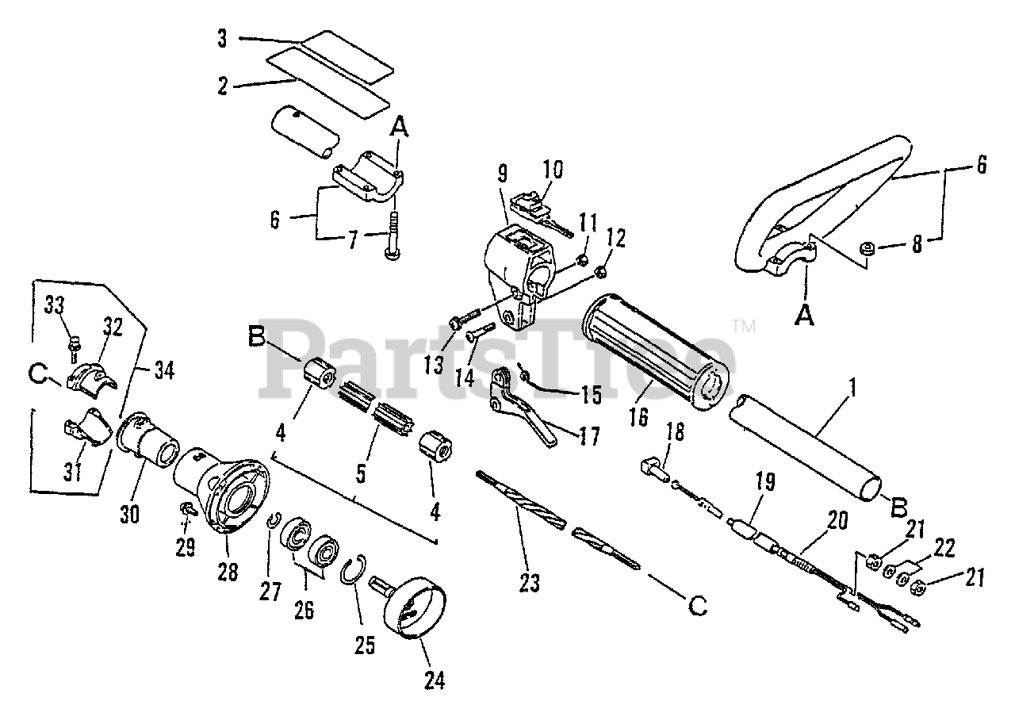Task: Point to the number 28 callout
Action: pyautogui.click(x=228, y=572)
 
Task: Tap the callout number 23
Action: pyautogui.click(x=529, y=584)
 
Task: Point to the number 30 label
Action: pyautogui.click(x=129, y=515)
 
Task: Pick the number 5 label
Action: pyautogui.click(x=360, y=474)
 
